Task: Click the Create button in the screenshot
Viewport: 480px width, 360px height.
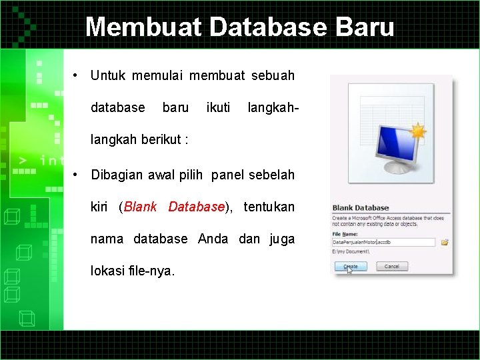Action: (350, 267)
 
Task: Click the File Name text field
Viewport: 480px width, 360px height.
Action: (383, 243)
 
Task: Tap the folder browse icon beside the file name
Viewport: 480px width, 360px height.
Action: (445, 243)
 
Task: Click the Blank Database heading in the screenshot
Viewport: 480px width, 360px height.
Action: (361, 208)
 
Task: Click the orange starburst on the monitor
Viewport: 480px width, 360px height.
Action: (418, 131)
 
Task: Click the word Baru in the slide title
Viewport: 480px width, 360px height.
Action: (365, 27)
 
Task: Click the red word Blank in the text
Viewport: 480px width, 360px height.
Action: (140, 207)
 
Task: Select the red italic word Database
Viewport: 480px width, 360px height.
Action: (196, 207)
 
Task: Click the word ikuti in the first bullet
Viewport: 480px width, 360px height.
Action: (219, 107)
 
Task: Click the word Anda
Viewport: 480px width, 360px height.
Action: (213, 239)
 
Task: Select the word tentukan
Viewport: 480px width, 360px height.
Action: (269, 207)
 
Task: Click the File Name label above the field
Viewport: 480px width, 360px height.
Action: (347, 233)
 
